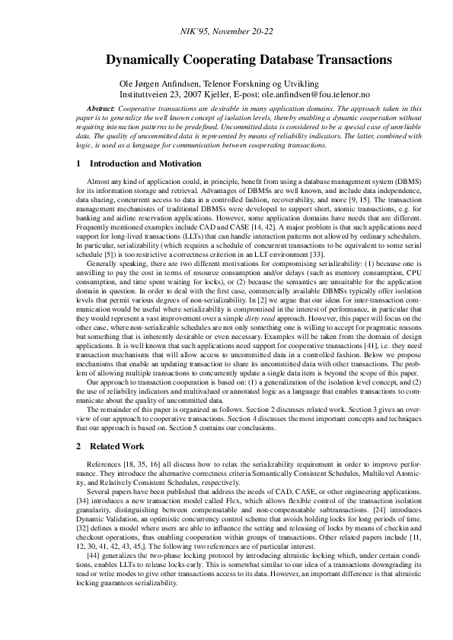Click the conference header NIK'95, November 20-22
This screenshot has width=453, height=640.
[x=226, y=34]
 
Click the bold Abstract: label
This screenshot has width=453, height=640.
[x=101, y=109]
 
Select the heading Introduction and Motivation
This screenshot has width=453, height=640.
[x=145, y=163]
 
